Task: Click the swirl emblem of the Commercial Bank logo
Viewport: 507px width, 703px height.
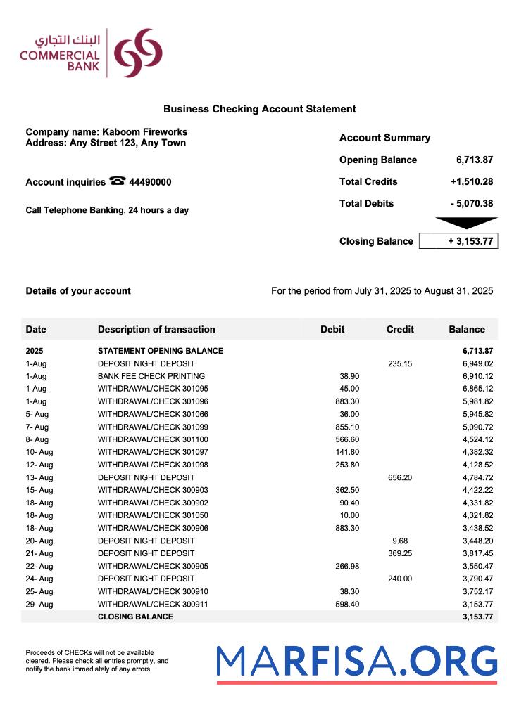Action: click(138, 53)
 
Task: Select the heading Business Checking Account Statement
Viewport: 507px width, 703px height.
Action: click(259, 109)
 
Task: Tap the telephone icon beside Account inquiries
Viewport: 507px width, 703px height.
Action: click(118, 181)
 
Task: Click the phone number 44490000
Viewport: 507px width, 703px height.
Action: click(150, 182)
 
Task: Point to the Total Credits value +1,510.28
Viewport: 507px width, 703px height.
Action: click(471, 181)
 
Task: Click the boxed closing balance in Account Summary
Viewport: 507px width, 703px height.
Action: click(458, 241)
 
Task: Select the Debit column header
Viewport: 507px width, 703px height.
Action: click(332, 329)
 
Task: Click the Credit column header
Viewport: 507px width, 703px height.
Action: click(400, 329)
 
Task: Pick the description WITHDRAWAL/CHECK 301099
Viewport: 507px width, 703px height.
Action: click(153, 427)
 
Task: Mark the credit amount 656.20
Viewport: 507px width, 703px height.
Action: click(400, 477)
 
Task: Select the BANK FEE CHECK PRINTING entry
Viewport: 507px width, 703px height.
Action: click(151, 376)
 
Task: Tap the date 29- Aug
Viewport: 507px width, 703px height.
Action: click(39, 604)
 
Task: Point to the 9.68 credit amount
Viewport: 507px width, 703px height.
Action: click(400, 541)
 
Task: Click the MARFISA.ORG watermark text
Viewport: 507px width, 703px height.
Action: click(356, 662)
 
